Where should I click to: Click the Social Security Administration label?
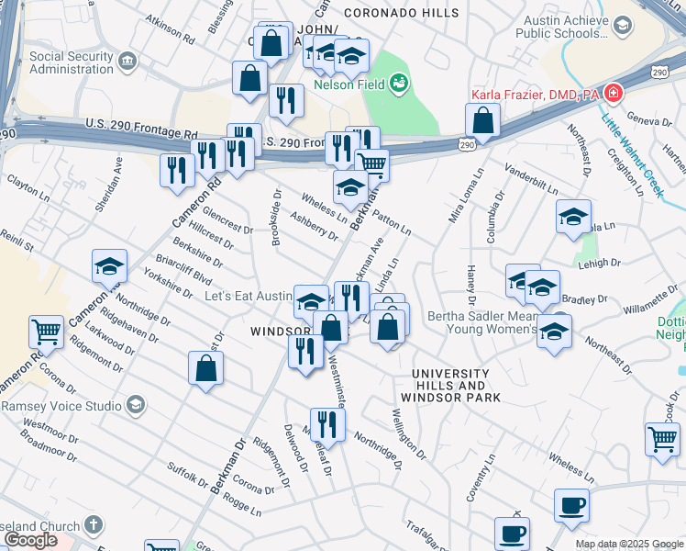tap(74, 62)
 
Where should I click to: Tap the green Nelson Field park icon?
tap(398, 84)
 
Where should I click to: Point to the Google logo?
tap(29, 541)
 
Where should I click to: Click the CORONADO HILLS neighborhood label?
tap(401, 13)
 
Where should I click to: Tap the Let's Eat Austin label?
tap(247, 297)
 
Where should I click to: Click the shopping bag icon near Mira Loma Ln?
tap(482, 120)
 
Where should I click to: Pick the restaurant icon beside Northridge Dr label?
tap(326, 423)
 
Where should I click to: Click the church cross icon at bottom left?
tap(92, 525)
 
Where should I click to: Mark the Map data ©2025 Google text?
tap(629, 544)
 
